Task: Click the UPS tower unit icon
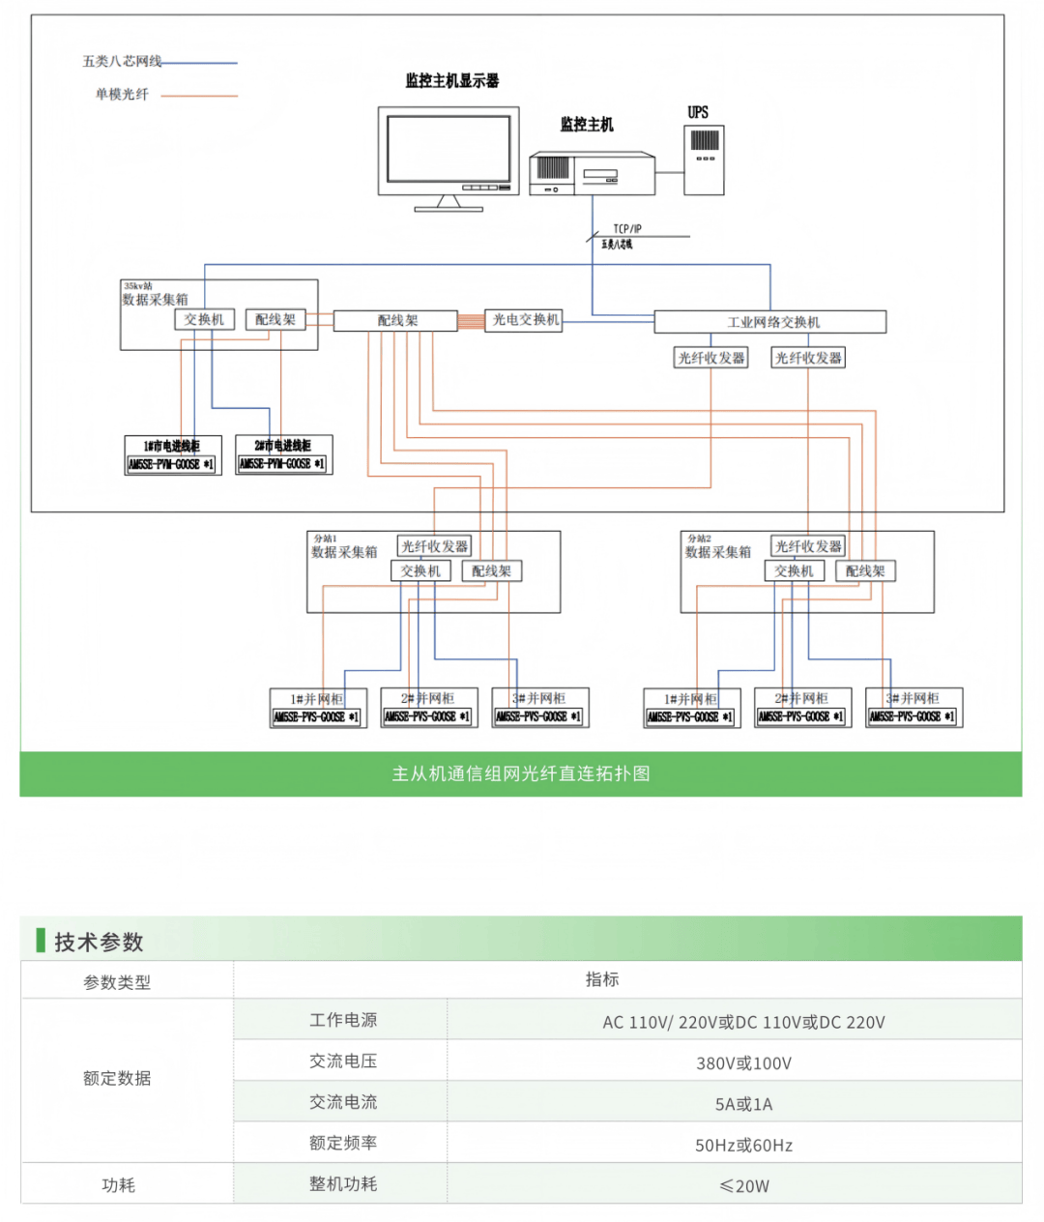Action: (704, 160)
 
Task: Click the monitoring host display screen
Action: (448, 149)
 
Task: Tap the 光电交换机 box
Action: (525, 320)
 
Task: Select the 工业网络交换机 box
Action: (770, 322)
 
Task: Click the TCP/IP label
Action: (626, 229)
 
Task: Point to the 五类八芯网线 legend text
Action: (122, 62)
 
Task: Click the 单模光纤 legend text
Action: (122, 95)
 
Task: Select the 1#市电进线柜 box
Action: (173, 455)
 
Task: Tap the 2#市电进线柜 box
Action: (283, 455)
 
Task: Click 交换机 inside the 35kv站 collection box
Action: (204, 320)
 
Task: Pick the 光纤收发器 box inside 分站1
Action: (434, 547)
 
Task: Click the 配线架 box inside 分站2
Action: (865, 571)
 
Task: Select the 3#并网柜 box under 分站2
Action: (913, 708)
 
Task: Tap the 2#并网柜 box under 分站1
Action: (427, 708)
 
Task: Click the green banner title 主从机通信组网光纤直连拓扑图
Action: (520, 773)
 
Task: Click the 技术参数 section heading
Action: (99, 942)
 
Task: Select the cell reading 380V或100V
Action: (743, 1063)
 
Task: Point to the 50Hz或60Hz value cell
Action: (743, 1146)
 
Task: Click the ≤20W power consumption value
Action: (743, 1186)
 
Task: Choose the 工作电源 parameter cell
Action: (343, 1020)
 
